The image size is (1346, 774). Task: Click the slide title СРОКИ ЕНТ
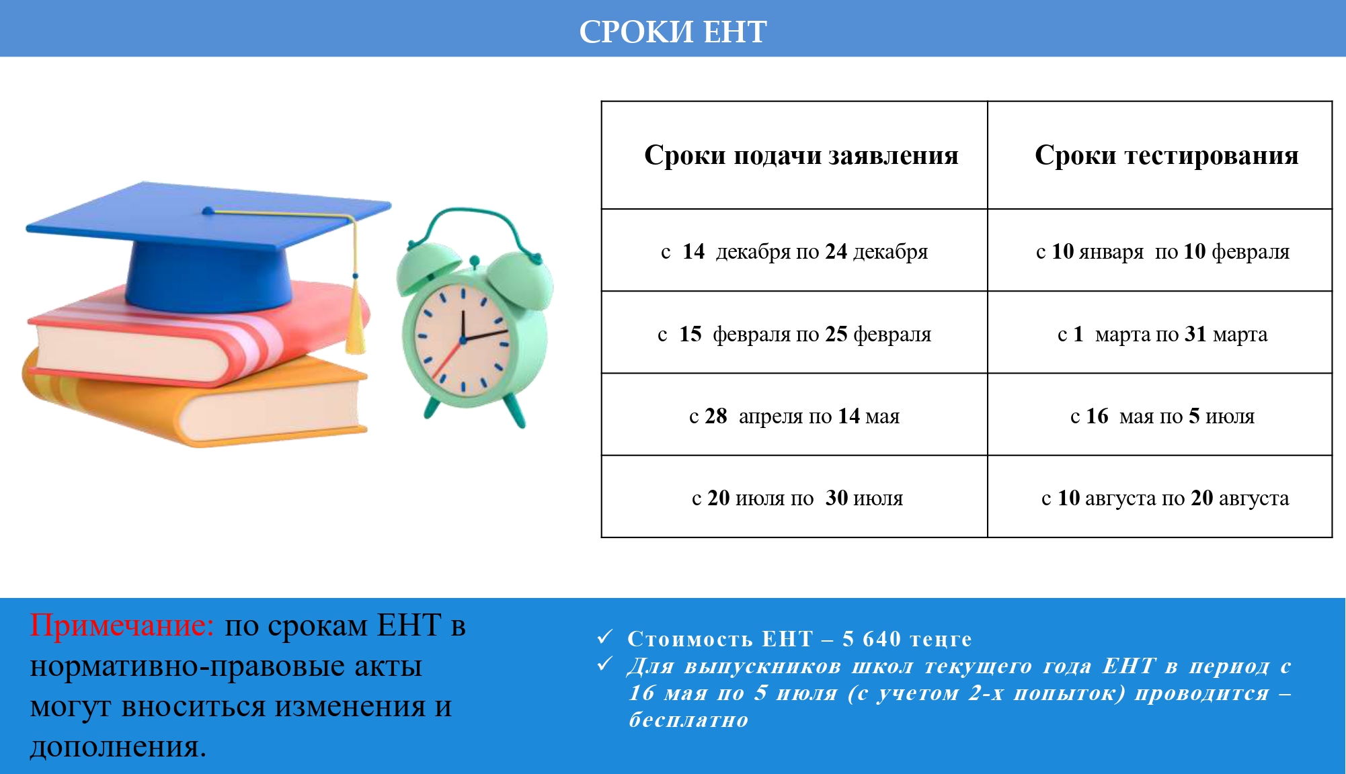pyautogui.click(x=673, y=32)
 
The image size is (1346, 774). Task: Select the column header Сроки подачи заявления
pyautogui.click(x=801, y=155)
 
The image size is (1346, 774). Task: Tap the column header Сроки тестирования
pyautogui.click(x=1166, y=155)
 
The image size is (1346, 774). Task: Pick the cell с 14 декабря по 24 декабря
pyautogui.click(x=794, y=251)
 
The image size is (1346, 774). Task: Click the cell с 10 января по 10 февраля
pyautogui.click(x=1162, y=251)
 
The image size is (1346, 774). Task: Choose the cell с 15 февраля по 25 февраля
pyautogui.click(x=794, y=334)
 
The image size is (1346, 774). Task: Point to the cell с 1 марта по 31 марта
pyautogui.click(x=1162, y=334)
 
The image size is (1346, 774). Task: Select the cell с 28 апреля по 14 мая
pyautogui.click(x=794, y=416)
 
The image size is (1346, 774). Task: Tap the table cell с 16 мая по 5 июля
pyautogui.click(x=1162, y=416)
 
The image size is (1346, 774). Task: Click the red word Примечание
pyautogui.click(x=122, y=626)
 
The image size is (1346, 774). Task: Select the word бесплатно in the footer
pyautogui.click(x=688, y=720)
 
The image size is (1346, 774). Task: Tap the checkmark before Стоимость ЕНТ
pyautogui.click(x=605, y=636)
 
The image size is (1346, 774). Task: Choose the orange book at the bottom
pyautogui.click(x=195, y=400)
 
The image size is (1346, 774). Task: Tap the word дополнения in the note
pyautogui.click(x=118, y=747)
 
